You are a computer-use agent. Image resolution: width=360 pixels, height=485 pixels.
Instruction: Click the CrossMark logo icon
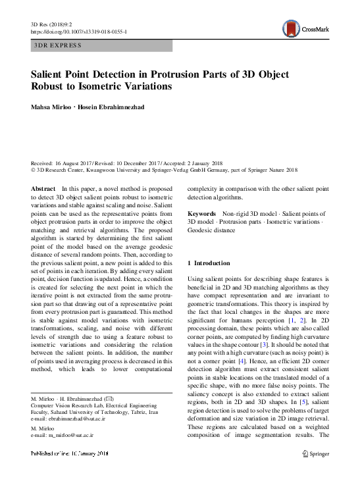click(290, 28)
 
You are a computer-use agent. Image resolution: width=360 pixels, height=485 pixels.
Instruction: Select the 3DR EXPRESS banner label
click(58, 45)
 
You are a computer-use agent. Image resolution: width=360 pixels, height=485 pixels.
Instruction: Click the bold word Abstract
click(43, 189)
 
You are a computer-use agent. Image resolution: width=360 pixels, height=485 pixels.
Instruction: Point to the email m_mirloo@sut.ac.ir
click(69, 435)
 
